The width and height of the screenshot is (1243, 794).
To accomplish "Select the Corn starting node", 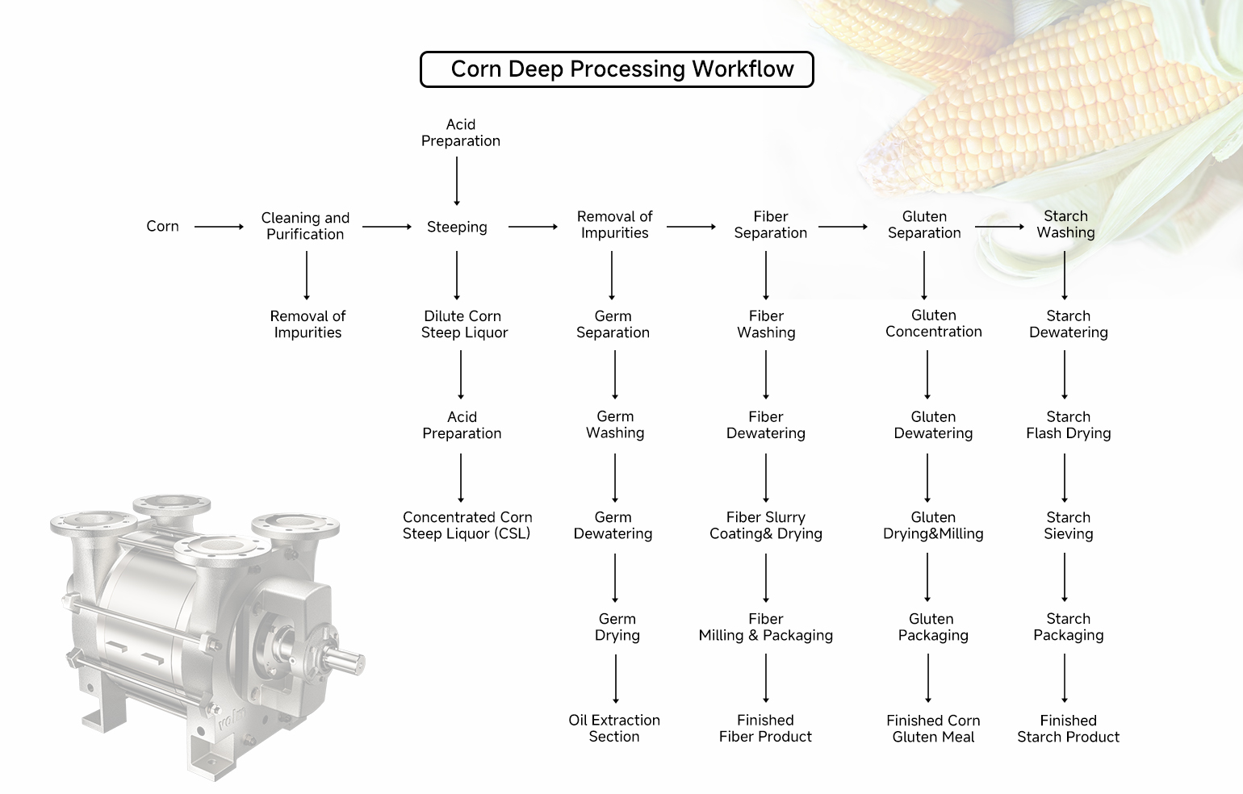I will [162, 227].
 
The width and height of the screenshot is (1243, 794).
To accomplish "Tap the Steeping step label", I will [457, 228].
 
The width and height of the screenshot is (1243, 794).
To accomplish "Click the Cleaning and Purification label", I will [305, 226].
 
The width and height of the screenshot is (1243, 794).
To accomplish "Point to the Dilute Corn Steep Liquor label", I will [463, 324].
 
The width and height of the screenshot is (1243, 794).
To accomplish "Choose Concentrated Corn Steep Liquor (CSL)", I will [467, 525].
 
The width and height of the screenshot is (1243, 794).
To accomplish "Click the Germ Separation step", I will [613, 324].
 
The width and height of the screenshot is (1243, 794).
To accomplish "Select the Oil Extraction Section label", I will [614, 728].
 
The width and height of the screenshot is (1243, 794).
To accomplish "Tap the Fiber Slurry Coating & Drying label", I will [765, 525].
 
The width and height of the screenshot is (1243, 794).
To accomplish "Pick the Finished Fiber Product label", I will [765, 728].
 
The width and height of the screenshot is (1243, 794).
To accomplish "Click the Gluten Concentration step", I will [933, 324].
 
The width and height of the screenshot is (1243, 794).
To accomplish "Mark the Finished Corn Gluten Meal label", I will [933, 728].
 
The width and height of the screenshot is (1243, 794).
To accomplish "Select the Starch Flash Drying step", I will [1068, 425].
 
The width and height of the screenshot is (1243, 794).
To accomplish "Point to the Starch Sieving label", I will [1068, 525].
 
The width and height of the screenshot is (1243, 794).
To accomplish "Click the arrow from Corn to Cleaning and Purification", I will [219, 228].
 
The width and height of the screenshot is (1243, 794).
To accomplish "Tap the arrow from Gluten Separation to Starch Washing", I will [999, 227].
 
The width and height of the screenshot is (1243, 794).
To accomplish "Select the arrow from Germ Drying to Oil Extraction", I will [616, 678].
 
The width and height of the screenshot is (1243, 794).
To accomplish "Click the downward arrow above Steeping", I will [457, 181].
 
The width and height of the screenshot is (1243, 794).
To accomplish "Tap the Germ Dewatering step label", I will [613, 525].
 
